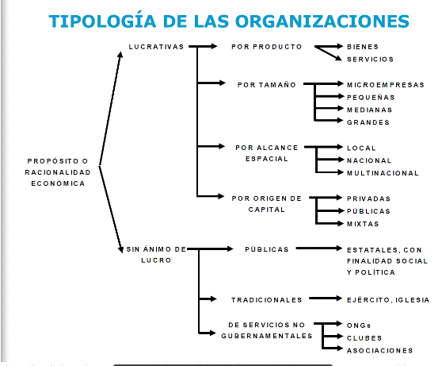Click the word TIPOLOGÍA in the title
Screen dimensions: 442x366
click(x=103, y=21)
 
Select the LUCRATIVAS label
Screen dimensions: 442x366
click(x=156, y=47)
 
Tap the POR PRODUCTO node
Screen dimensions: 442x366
click(x=267, y=47)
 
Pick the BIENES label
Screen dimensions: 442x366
click(x=363, y=47)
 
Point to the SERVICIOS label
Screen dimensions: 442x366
click(x=370, y=60)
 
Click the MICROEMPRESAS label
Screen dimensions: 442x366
click(x=385, y=85)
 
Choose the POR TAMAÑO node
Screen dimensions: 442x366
click(x=267, y=85)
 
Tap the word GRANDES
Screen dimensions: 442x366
click(x=368, y=122)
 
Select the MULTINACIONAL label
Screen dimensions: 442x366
click(x=383, y=173)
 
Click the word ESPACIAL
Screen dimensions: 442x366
click(x=267, y=159)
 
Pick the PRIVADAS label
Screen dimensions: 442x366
click(x=368, y=198)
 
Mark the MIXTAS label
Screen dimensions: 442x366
click(x=363, y=224)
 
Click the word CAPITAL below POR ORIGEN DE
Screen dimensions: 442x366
click(x=267, y=210)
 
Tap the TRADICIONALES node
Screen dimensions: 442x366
click(x=267, y=300)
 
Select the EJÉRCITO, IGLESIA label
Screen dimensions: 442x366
click(x=388, y=300)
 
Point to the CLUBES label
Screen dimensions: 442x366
click(x=364, y=338)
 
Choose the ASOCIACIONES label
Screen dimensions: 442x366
click(x=379, y=351)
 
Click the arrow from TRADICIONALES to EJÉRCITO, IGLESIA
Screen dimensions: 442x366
click(x=326, y=299)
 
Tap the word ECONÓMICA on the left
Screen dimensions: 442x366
click(x=58, y=183)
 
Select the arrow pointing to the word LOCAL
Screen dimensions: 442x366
click(x=324, y=147)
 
